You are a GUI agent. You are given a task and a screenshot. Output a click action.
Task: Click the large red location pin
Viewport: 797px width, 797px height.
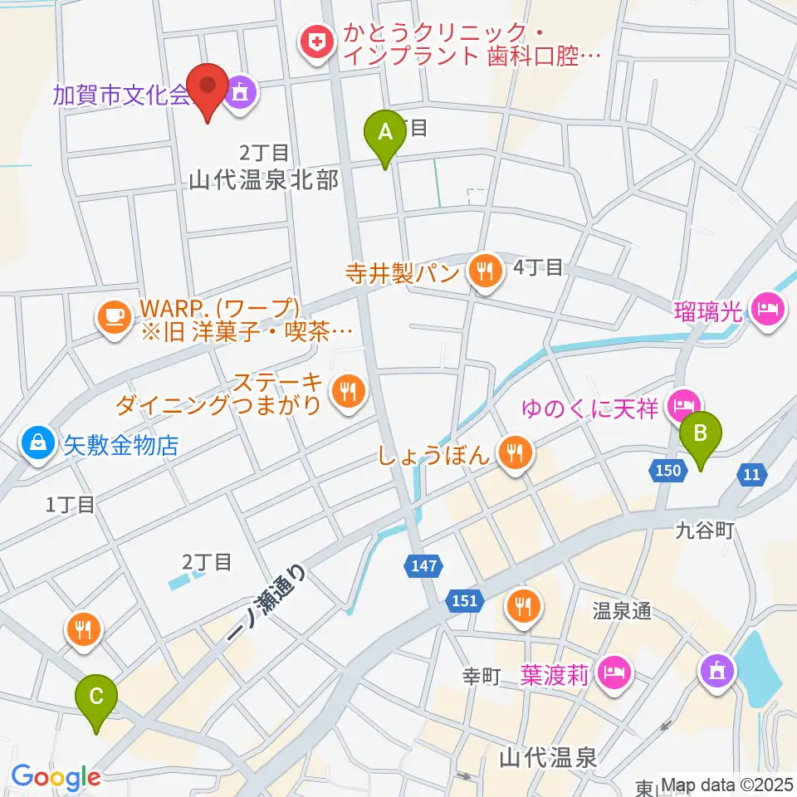pos(207,90)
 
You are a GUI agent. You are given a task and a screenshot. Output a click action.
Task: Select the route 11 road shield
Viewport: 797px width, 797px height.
pos(751,474)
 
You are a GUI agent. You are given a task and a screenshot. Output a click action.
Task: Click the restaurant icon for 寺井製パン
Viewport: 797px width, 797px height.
pos(484,271)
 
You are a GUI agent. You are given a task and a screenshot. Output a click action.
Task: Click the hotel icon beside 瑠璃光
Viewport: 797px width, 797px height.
pos(765,308)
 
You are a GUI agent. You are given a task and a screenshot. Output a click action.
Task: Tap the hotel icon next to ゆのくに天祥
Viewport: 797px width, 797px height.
pos(682,406)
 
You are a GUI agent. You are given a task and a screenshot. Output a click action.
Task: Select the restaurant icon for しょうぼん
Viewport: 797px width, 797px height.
pos(516,452)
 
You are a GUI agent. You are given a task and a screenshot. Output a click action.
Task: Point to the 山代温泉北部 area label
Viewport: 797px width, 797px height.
pos(264,179)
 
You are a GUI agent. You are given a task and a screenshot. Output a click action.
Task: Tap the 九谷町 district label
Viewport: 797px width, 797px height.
pos(704,530)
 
